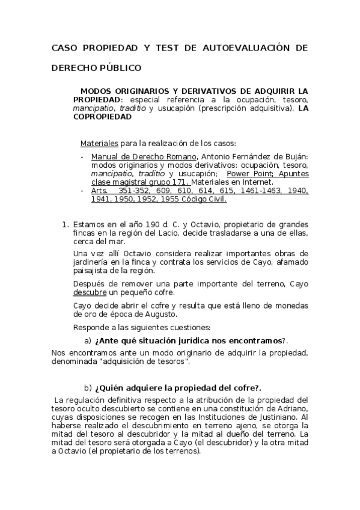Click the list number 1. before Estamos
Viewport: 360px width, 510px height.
(x=66, y=224)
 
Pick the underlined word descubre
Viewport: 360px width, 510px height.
(x=90, y=292)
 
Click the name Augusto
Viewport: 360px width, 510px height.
(x=159, y=314)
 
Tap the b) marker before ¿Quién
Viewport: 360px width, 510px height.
(x=88, y=387)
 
